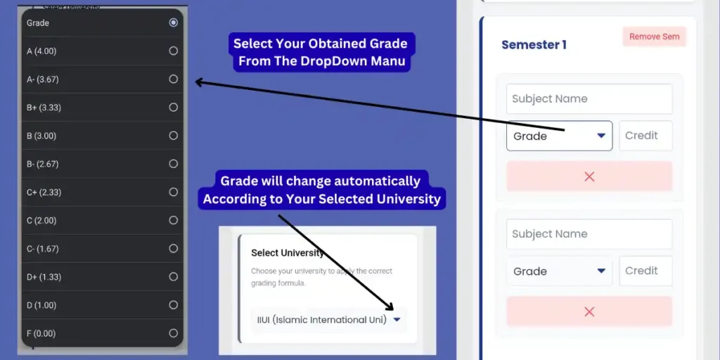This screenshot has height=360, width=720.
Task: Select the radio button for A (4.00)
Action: (173, 51)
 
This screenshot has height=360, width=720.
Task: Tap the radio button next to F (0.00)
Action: (173, 333)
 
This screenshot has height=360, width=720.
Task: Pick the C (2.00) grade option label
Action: (41, 220)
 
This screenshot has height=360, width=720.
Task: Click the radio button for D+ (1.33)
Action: (173, 277)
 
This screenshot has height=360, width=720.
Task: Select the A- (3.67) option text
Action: (42, 79)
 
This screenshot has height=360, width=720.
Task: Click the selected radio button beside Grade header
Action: (173, 22)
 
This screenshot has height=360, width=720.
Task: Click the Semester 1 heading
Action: (534, 45)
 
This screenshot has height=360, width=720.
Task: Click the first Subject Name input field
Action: (589, 99)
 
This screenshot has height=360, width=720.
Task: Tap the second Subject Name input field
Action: (589, 234)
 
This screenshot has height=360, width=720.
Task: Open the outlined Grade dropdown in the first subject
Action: (559, 136)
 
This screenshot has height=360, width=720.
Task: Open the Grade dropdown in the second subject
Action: (559, 271)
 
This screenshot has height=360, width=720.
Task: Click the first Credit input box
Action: (645, 136)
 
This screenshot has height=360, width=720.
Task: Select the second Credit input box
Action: (645, 271)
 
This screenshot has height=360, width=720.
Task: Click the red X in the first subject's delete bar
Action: (589, 176)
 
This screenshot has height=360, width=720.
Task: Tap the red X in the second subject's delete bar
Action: (589, 311)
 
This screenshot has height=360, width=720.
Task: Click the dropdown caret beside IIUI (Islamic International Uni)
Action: (397, 320)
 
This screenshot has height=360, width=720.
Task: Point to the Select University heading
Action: (288, 253)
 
